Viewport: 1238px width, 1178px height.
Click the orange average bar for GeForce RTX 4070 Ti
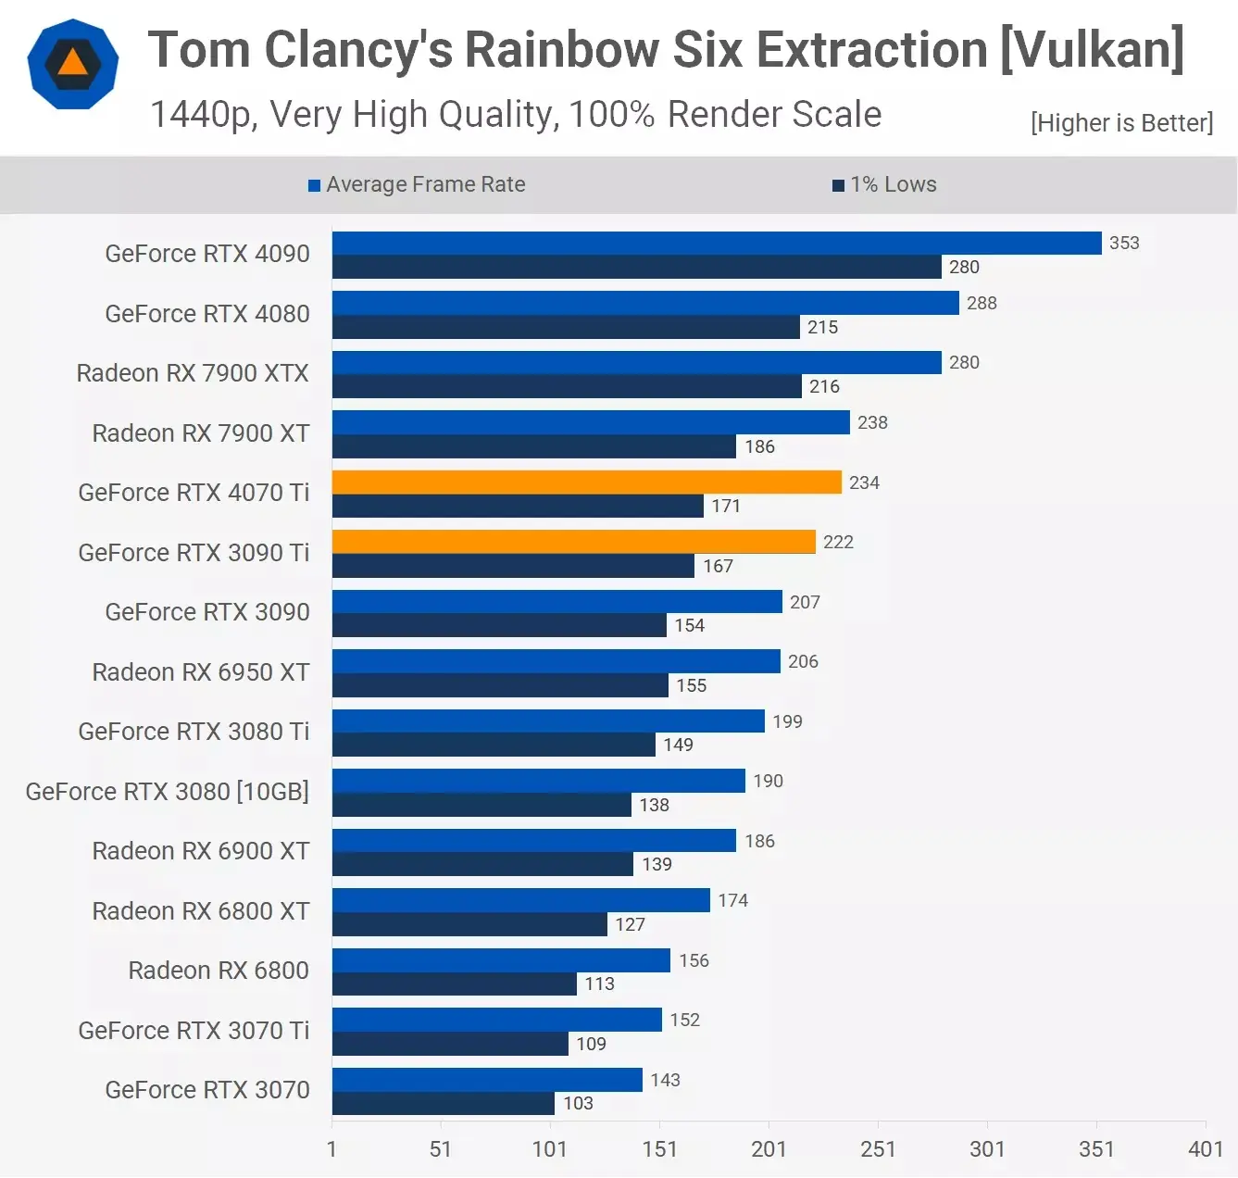[586, 482]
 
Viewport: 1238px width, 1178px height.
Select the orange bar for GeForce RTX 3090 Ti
[573, 542]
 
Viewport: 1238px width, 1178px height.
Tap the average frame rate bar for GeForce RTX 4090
[716, 243]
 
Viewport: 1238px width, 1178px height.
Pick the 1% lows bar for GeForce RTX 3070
[443, 1103]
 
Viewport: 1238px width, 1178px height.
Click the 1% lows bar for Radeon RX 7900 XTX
[566, 386]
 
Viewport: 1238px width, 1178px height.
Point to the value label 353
[1124, 243]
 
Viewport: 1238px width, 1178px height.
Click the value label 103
[578, 1103]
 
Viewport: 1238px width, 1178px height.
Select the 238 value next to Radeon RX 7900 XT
[872, 422]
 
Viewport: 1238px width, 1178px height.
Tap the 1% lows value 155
[691, 685]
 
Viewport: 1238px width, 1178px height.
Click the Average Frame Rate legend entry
[417, 184]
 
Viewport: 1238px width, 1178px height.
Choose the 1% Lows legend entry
[885, 184]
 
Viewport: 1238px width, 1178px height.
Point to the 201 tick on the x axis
[769, 1149]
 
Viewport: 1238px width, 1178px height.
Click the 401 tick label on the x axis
[1206, 1149]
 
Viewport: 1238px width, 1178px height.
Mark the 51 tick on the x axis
[441, 1149]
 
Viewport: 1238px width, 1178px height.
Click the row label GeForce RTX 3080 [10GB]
[168, 792]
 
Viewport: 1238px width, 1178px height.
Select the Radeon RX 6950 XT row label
[201, 672]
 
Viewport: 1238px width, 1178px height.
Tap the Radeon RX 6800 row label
[219, 971]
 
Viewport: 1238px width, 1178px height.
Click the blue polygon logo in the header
[73, 64]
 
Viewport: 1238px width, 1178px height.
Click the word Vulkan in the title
[1093, 49]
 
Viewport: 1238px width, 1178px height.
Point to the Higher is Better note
[1121, 123]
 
